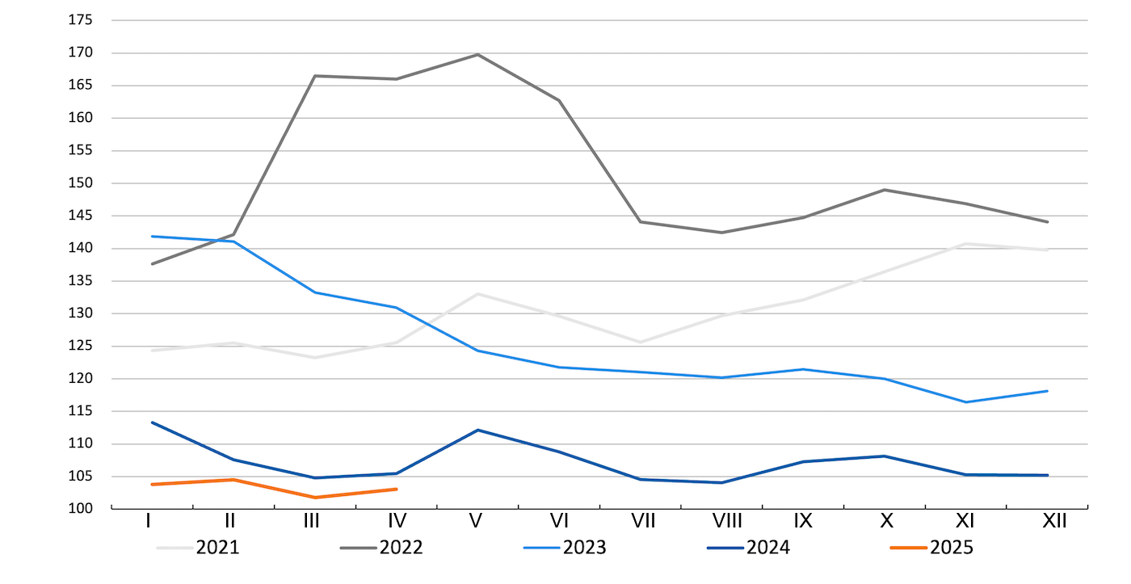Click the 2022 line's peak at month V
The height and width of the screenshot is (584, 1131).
477,54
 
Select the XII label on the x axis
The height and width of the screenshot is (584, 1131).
1053,522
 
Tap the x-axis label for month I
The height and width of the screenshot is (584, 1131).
149,522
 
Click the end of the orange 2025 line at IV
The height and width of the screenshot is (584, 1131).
396,489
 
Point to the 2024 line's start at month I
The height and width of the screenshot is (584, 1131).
152,422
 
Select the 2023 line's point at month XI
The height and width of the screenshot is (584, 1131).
966,402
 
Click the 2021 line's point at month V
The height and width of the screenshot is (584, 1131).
477,294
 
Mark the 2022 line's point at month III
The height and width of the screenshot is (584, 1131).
314,76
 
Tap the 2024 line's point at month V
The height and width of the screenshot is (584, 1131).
477,430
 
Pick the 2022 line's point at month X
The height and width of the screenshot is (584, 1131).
885,190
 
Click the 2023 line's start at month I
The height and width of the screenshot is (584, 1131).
152,236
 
